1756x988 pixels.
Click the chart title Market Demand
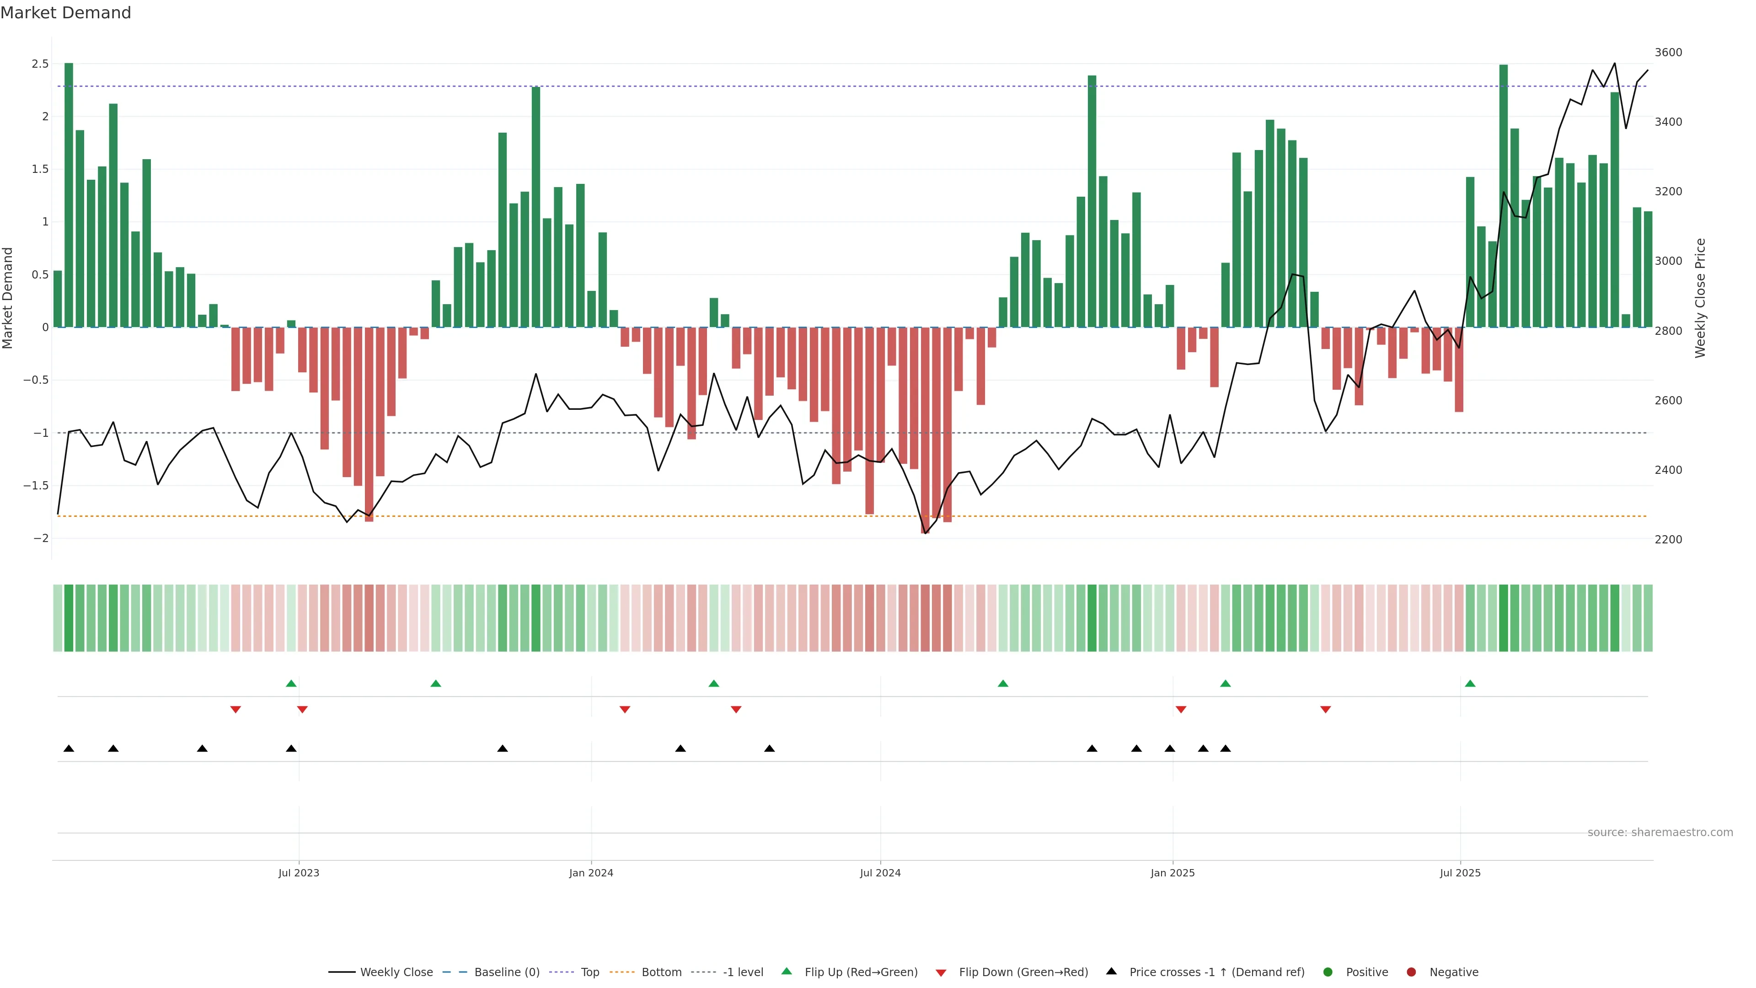click(x=65, y=13)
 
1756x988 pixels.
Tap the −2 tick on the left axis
click(x=41, y=539)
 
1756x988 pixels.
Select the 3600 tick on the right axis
click(x=1668, y=53)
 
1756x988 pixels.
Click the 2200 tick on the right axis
click(x=1668, y=539)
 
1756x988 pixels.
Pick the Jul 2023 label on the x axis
click(x=299, y=873)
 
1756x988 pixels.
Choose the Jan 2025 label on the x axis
click(x=1172, y=873)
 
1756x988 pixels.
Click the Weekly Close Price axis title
click(x=1700, y=298)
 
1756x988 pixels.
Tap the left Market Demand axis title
click(x=8, y=298)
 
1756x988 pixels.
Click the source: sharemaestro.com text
click(x=1660, y=832)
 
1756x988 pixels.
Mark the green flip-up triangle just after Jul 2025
click(x=1470, y=683)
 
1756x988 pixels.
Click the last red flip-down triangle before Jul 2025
click(x=1325, y=710)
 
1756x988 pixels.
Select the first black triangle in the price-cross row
click(x=69, y=749)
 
